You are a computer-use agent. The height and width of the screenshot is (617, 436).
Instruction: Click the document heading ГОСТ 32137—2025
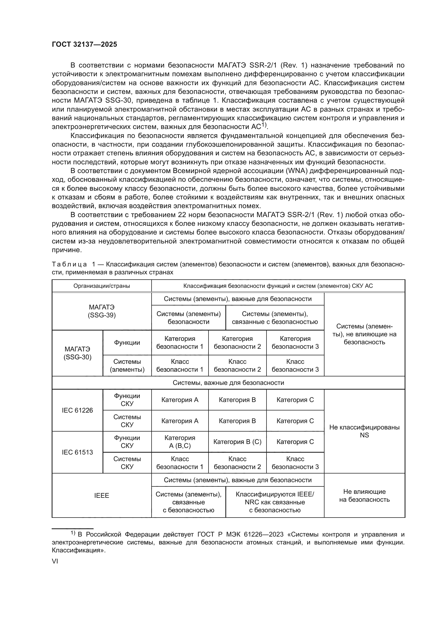(x=84, y=45)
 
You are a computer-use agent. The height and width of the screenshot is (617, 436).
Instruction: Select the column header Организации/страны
(x=101, y=286)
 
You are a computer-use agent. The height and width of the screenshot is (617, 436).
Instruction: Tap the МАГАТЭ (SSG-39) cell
(x=101, y=311)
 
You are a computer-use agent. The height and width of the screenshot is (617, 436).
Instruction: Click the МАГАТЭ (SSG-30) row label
(x=77, y=353)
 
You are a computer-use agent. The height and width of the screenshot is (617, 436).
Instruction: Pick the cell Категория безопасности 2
(x=237, y=343)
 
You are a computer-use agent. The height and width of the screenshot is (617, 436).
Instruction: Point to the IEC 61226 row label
(x=77, y=410)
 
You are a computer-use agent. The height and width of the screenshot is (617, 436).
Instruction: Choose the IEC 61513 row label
(x=77, y=452)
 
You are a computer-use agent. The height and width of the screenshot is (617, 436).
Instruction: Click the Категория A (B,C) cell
(x=180, y=442)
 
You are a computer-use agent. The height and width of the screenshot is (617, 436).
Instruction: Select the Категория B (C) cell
(x=237, y=442)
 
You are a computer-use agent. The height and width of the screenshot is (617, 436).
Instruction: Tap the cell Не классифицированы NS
(x=364, y=431)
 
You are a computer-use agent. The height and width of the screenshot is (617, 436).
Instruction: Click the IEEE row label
(x=101, y=496)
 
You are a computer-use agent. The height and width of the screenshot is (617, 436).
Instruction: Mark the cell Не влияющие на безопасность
(x=364, y=496)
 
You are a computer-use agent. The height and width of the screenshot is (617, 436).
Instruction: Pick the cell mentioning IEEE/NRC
(x=275, y=502)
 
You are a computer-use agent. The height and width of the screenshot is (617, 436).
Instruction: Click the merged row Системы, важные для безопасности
(x=228, y=383)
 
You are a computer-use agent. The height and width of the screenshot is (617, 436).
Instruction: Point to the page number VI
(x=55, y=561)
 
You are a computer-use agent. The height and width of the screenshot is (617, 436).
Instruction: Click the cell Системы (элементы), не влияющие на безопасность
(x=364, y=334)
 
